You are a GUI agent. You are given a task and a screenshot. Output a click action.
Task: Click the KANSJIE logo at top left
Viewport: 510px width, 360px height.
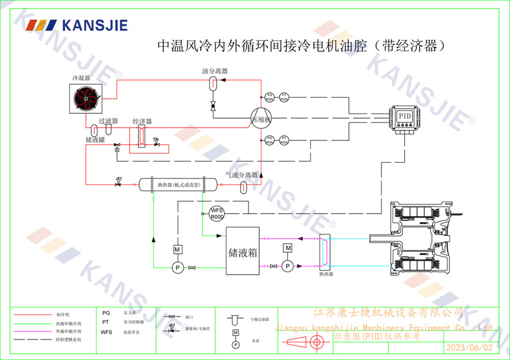pyautogui.click(x=77, y=25)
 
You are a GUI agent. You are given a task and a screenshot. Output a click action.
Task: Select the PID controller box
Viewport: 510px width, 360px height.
pyautogui.click(x=404, y=116)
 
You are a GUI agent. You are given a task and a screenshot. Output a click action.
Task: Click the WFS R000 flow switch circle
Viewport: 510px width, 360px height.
pyautogui.click(x=217, y=213)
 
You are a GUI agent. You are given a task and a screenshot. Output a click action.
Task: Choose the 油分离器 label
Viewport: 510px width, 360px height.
pyautogui.click(x=215, y=71)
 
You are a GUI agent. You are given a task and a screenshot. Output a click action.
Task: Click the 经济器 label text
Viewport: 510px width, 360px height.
pyautogui.click(x=142, y=121)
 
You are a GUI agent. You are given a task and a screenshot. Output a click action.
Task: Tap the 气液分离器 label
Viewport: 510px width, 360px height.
pyautogui.click(x=242, y=175)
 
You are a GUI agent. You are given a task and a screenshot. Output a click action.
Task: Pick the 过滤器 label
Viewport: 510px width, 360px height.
pyautogui.click(x=108, y=121)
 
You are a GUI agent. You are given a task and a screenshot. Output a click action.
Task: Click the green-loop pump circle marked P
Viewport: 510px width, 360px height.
pyautogui.click(x=177, y=267)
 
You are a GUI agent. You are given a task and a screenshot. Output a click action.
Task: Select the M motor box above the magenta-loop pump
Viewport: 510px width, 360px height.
pyautogui.click(x=288, y=248)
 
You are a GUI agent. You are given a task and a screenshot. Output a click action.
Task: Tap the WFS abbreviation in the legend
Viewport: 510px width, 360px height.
pyautogui.click(x=107, y=332)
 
